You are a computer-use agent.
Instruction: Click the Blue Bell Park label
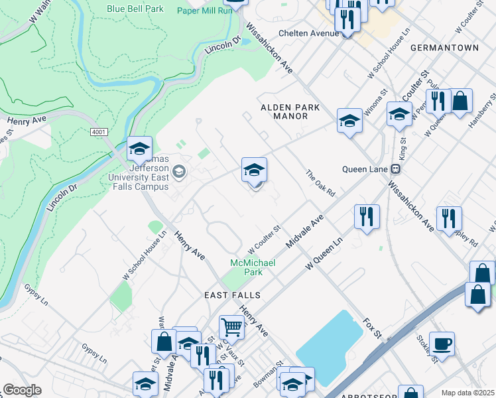[135, 9]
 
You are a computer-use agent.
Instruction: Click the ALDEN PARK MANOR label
[290, 111]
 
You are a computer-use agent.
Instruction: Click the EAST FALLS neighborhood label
[231, 295]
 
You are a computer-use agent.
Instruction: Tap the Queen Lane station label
[363, 168]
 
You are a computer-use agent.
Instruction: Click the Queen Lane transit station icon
[395, 168]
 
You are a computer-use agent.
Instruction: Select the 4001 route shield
[99, 133]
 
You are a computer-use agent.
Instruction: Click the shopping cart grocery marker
[231, 327]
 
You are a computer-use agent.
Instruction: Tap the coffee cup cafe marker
[442, 344]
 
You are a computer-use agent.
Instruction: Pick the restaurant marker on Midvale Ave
[366, 216]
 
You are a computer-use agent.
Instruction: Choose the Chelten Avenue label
[308, 33]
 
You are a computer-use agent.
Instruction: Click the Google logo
[22, 390]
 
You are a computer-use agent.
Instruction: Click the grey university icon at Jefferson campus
[178, 172]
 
